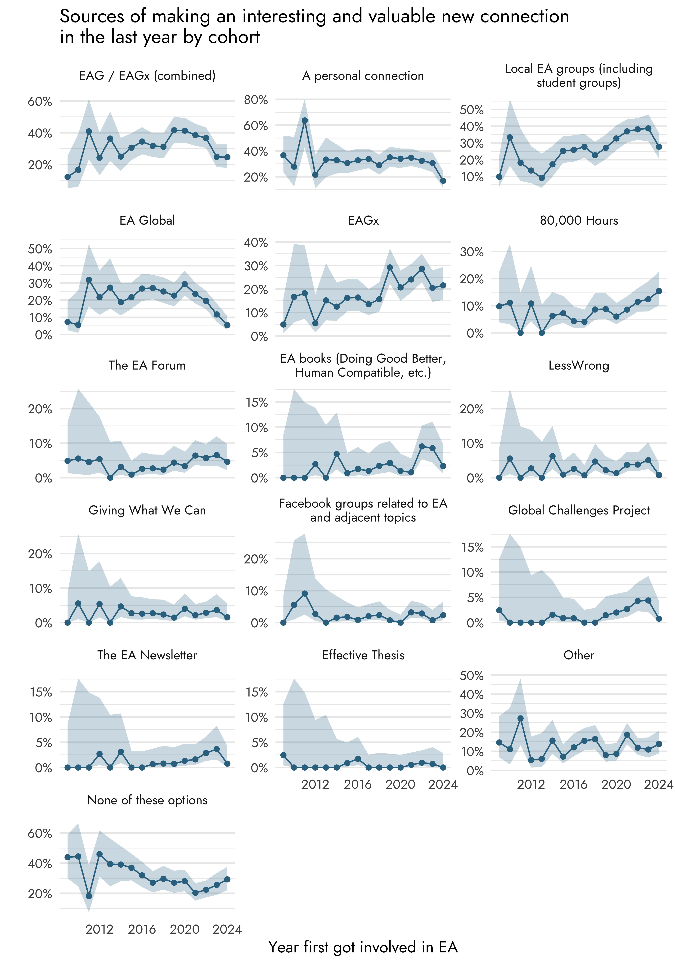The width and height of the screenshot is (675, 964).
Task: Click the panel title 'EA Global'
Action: (147, 220)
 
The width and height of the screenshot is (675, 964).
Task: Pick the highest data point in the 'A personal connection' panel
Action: (305, 121)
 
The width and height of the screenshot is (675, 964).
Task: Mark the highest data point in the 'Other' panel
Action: (520, 718)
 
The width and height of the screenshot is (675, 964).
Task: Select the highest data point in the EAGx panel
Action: (390, 268)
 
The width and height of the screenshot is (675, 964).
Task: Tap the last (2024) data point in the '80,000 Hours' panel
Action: (659, 291)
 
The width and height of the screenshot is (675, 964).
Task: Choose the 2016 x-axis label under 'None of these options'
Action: (142, 929)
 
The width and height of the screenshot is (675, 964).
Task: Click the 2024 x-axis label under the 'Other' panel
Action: (658, 784)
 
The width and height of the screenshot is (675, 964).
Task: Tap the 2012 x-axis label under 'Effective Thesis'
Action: (315, 784)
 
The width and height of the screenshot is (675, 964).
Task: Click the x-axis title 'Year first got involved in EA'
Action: (363, 947)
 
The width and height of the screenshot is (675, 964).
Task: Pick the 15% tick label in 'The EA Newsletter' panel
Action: (40, 692)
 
